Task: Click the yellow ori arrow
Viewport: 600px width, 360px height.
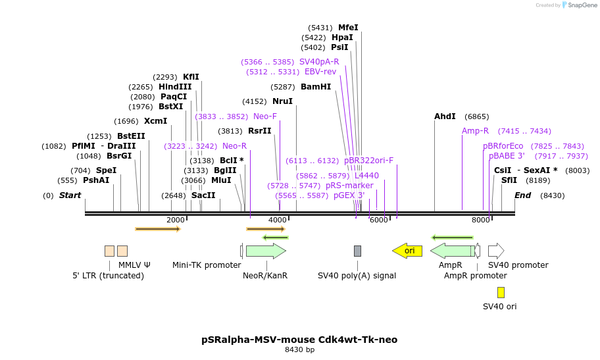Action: click(407, 251)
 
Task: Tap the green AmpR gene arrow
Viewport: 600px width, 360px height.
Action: click(452, 251)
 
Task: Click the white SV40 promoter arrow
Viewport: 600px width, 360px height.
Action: click(496, 251)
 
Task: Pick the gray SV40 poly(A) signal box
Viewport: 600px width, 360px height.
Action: click(357, 251)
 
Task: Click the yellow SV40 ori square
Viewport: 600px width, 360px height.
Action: click(501, 293)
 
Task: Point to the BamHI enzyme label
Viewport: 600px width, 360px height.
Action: click(316, 87)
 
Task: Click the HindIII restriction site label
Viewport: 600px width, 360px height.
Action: click(175, 87)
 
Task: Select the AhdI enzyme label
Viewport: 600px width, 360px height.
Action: click(445, 116)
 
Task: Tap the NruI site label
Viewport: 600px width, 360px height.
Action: click(282, 101)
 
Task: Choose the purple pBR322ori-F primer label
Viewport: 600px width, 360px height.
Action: click(368, 160)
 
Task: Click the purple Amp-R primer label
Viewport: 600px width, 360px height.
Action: click(475, 131)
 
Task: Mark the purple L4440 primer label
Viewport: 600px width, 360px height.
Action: click(366, 176)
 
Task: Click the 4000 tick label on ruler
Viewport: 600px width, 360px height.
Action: click(278, 220)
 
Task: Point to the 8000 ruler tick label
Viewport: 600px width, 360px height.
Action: click(481, 220)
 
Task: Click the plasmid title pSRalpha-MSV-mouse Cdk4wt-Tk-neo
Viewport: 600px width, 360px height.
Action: click(299, 340)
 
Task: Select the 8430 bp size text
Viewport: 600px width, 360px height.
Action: click(299, 350)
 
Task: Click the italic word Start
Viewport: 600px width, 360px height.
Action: click(70, 195)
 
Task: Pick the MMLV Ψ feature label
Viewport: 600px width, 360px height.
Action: click(134, 265)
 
